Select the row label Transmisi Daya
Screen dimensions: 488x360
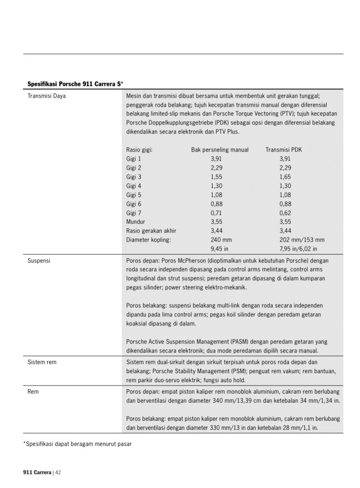point(47,96)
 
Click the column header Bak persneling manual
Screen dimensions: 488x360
point(220,150)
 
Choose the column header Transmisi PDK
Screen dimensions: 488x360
point(284,150)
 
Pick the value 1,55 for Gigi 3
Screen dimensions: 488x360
point(216,177)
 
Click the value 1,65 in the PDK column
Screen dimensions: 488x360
point(285,177)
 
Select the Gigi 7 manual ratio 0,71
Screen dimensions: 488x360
point(216,213)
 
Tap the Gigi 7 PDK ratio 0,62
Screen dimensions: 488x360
point(285,213)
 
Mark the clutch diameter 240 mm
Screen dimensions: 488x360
point(221,240)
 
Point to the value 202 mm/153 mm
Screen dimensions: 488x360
point(302,240)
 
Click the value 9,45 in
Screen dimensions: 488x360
point(220,249)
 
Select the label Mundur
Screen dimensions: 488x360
point(136,222)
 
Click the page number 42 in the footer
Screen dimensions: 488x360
point(58,473)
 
